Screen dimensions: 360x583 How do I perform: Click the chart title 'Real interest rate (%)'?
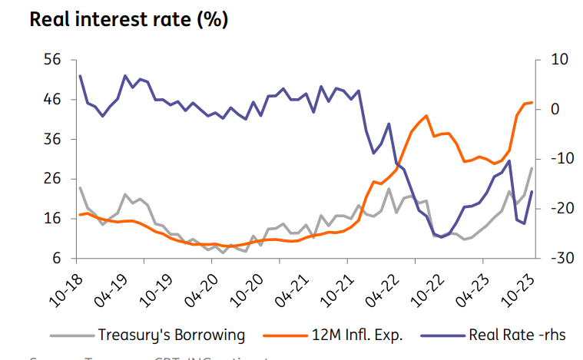(128, 20)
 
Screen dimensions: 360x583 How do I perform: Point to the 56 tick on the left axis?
(51, 60)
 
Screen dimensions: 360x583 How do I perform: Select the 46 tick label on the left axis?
(51, 100)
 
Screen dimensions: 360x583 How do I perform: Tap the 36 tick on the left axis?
(51, 139)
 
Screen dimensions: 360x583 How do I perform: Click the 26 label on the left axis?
(51, 179)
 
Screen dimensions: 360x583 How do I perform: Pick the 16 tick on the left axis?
(51, 219)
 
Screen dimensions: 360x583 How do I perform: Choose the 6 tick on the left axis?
(56, 259)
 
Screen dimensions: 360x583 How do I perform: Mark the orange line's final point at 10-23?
(532, 103)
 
